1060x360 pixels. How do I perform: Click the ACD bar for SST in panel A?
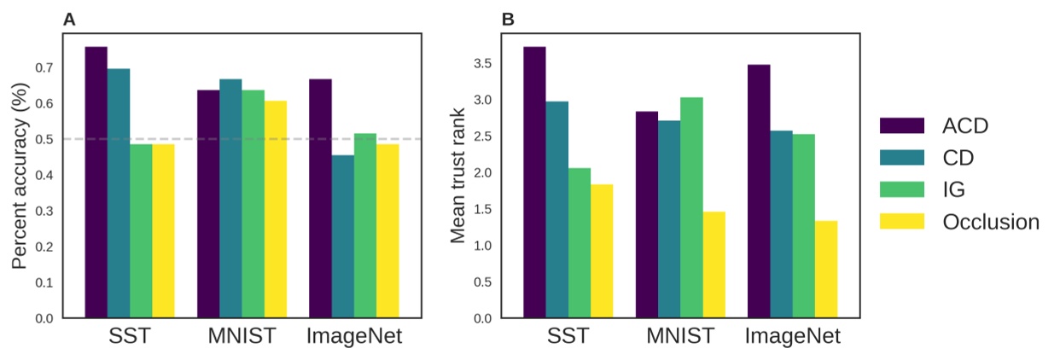[x=96, y=183]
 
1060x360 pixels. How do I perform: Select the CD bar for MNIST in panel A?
[x=230, y=199]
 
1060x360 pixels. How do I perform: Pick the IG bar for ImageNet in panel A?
[x=364, y=226]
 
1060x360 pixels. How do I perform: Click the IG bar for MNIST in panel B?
[x=692, y=208]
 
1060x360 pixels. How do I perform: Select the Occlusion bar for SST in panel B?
[x=602, y=252]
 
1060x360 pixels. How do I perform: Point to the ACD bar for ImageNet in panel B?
[x=759, y=192]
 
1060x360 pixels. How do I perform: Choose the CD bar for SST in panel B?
[x=557, y=210]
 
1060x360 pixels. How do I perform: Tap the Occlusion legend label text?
[x=991, y=222]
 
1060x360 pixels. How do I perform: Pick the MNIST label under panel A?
[x=242, y=337]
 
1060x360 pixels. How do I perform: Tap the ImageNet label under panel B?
[x=792, y=337]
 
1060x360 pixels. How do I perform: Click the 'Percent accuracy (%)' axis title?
[x=20, y=177]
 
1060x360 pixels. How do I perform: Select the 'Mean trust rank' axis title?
[x=458, y=177]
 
